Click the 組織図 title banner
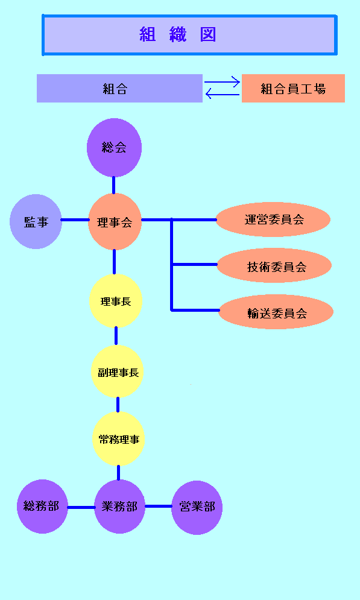(x=189, y=35)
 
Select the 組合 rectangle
(x=119, y=89)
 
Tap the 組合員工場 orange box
(x=293, y=89)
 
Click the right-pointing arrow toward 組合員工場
(x=222, y=82)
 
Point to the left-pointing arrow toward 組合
(x=223, y=93)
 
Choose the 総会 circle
(x=114, y=148)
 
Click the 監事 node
(x=36, y=221)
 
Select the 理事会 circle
(x=115, y=221)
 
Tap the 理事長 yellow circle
(x=116, y=301)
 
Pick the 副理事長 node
(x=118, y=371)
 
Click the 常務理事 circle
(x=119, y=439)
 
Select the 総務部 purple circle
(x=42, y=507)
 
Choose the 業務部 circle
(x=120, y=507)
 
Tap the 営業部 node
(x=197, y=507)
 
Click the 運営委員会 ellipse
(x=273, y=219)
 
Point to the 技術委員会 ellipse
(x=274, y=265)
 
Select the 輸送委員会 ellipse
(x=276, y=312)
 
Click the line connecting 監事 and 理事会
(x=75, y=220)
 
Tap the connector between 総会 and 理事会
(x=113, y=185)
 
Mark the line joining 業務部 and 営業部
(x=159, y=507)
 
